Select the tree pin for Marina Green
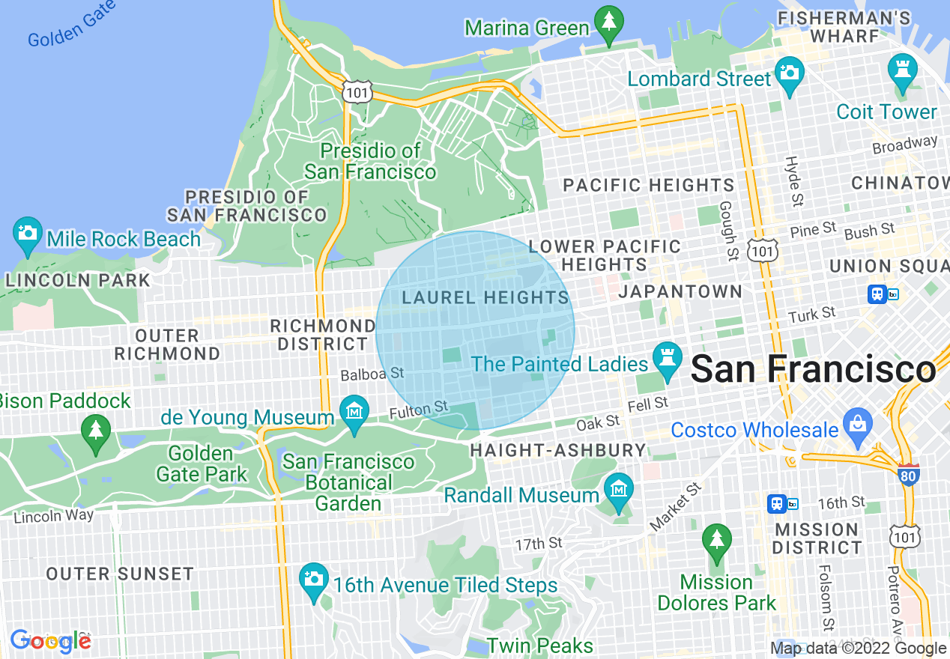point(608,24)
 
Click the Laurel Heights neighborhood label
point(485,297)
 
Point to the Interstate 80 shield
point(908,474)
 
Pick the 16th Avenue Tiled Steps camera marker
point(314,581)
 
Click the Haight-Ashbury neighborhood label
point(557,450)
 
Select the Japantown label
point(680,291)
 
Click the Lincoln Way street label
point(53,516)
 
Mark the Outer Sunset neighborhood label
point(120,574)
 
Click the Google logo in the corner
point(50,641)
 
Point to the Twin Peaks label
point(539,646)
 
